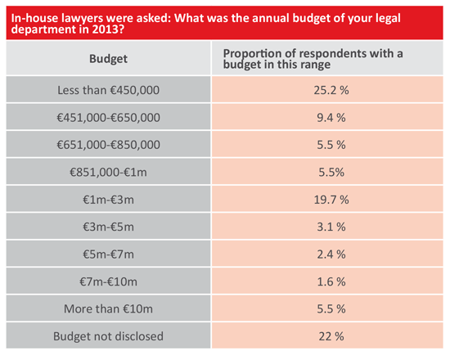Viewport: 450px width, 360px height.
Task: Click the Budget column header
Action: pyautogui.click(x=108, y=59)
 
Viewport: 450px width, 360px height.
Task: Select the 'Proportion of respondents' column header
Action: pyautogui.click(x=313, y=59)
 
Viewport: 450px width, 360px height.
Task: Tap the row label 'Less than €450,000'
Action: pyautogui.click(x=108, y=90)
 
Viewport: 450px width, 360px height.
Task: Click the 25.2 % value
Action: pyautogui.click(x=331, y=90)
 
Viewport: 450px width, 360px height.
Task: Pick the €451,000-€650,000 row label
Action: pyautogui.click(x=108, y=118)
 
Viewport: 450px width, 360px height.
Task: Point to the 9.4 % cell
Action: pyautogui.click(x=331, y=118)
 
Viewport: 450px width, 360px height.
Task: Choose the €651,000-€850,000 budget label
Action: pyautogui.click(x=108, y=145)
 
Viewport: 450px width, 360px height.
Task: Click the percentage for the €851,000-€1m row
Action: pyautogui.click(x=331, y=173)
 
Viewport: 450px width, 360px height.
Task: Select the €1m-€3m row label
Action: pyautogui.click(x=108, y=200)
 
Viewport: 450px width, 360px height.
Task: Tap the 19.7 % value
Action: pyautogui.click(x=331, y=200)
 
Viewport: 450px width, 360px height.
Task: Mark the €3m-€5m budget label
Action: pyautogui.click(x=108, y=227)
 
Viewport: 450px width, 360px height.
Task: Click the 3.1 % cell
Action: pyautogui.click(x=331, y=227)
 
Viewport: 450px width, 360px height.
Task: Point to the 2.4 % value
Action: pyautogui.click(x=331, y=254)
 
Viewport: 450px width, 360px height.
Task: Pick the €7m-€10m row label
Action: pyautogui.click(x=108, y=281)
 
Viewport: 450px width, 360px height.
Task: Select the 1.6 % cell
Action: pyautogui.click(x=331, y=281)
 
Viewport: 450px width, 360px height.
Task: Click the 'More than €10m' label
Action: pyautogui.click(x=108, y=309)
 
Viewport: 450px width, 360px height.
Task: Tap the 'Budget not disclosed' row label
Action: pyautogui.click(x=108, y=336)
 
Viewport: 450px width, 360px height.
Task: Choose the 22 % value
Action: pyautogui.click(x=331, y=336)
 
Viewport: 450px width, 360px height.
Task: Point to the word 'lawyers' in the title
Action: pyautogui.click(x=82, y=18)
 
